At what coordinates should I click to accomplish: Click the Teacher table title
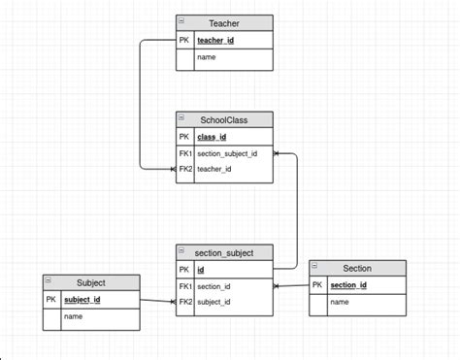(x=224, y=23)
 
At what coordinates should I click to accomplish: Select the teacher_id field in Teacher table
(x=215, y=41)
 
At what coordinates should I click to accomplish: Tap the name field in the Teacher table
(x=206, y=58)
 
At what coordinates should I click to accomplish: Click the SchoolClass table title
(x=224, y=119)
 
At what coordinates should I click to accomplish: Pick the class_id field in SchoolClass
(x=212, y=137)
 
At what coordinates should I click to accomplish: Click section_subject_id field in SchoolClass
(x=227, y=153)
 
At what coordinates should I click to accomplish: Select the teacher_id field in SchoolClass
(x=214, y=169)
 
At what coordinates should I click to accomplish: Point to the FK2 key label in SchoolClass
(x=185, y=169)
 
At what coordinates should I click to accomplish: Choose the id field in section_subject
(x=201, y=270)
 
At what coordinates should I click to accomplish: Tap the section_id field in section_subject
(x=214, y=286)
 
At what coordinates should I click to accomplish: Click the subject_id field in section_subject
(x=214, y=302)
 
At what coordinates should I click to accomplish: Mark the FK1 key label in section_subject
(x=185, y=286)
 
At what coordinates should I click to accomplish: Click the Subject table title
(x=90, y=283)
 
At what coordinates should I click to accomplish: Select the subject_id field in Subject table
(x=82, y=300)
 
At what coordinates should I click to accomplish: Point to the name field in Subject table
(x=73, y=317)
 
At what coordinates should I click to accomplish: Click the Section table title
(x=357, y=268)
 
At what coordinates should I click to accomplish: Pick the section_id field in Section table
(x=348, y=284)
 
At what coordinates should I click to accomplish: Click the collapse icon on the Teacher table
(x=181, y=20)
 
